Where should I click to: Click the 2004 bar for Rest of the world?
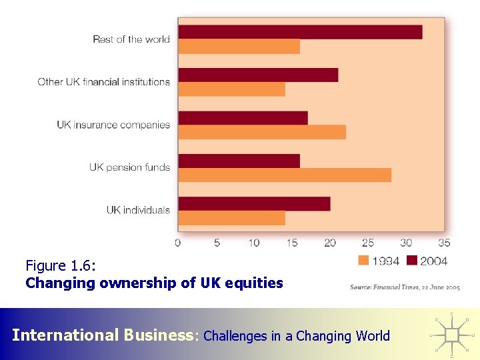[300, 32]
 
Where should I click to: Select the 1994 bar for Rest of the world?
[239, 47]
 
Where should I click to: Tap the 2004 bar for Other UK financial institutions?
[258, 75]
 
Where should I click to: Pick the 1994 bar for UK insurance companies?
[262, 132]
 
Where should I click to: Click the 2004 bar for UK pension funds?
[239, 161]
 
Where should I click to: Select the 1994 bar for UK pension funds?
[285, 175]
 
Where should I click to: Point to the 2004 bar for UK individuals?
[254, 203]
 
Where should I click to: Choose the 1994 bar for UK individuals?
[231, 218]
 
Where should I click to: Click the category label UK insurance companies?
[113, 125]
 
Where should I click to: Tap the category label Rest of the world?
[131, 39]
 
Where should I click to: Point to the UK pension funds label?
[130, 167]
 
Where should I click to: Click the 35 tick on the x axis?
[444, 243]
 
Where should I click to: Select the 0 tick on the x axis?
[178, 243]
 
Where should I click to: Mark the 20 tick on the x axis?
[330, 243]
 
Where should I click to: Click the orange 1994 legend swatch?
[364, 261]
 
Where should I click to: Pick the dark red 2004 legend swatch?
[412, 261]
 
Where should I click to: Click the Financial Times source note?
[405, 287]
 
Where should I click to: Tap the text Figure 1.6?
[61, 266]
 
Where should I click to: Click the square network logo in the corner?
[453, 333]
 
